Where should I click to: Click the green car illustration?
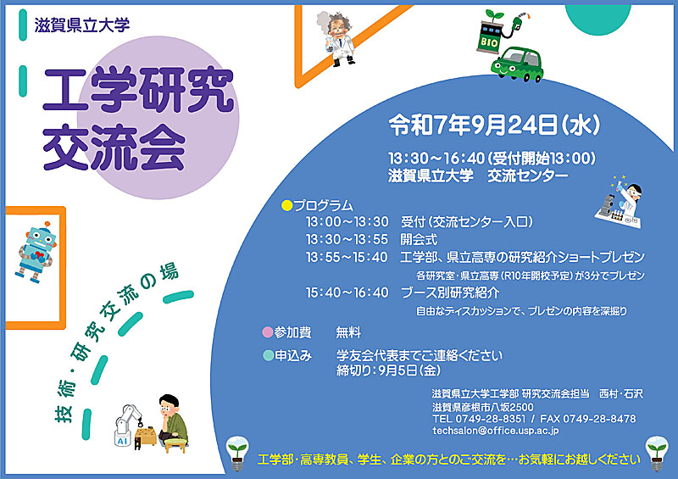[517, 64]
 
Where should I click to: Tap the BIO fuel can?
[490, 37]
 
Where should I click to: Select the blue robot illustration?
[36, 252]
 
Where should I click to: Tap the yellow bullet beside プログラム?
[286, 205]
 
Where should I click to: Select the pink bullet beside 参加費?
[268, 332]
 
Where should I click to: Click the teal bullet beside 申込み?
[268, 355]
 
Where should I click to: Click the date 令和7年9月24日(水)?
[494, 125]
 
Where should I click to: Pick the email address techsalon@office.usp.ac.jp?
[496, 431]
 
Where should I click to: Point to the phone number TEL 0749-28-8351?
[479, 419]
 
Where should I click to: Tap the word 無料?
[348, 332]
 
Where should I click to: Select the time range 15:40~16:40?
[347, 292]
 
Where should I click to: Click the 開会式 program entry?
[419, 239]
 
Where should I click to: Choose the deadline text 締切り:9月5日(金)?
[389, 370]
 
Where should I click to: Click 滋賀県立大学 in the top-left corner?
[82, 25]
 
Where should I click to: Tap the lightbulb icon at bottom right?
[657, 453]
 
